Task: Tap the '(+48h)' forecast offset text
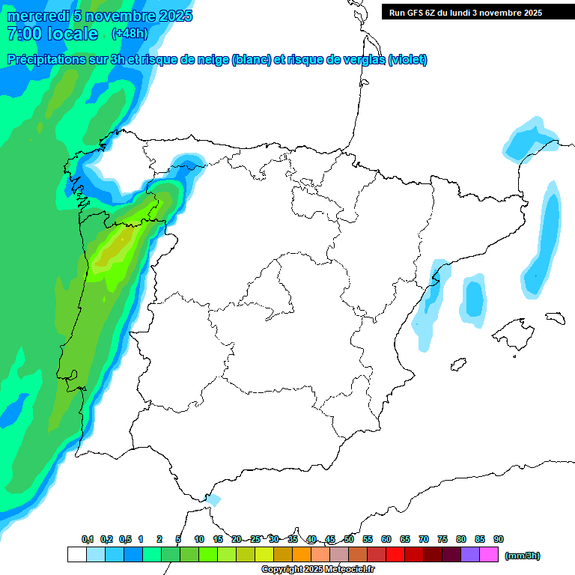(130, 33)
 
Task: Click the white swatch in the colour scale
(76, 555)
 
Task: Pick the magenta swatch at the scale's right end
(489, 555)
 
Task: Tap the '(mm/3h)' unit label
(523, 556)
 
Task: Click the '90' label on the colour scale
(499, 539)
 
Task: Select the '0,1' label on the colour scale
(88, 539)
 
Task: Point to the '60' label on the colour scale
(386, 539)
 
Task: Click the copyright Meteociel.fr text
(317, 569)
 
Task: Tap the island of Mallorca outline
(514, 333)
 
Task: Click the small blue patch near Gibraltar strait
(213, 499)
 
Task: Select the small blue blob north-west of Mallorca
(473, 299)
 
